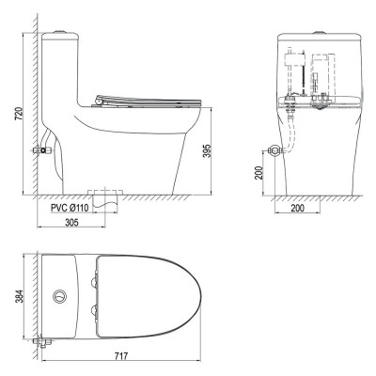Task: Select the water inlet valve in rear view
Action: pos(273,149)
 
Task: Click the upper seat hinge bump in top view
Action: pos(94,279)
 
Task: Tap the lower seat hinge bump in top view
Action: pos(94,311)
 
